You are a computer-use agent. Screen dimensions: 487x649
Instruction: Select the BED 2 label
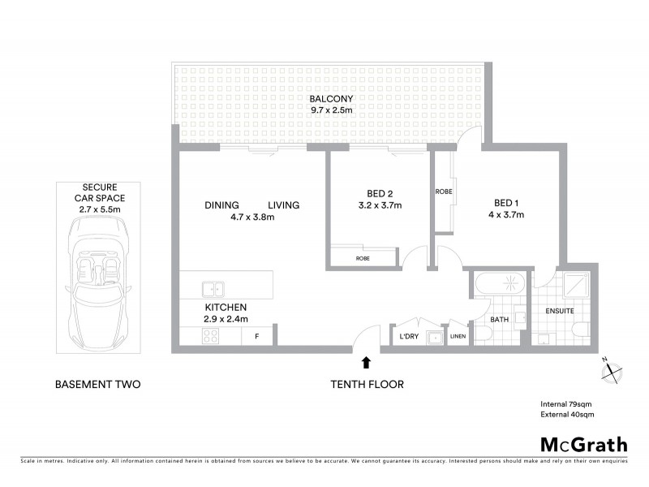click(x=380, y=193)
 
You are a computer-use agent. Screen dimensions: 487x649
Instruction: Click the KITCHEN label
click(x=225, y=308)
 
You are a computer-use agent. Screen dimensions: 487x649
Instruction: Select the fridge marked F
click(x=257, y=335)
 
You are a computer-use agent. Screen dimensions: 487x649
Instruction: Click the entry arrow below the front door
click(x=366, y=363)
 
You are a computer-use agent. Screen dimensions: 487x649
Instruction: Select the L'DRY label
click(x=409, y=336)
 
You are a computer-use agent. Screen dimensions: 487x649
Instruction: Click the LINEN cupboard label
click(x=458, y=336)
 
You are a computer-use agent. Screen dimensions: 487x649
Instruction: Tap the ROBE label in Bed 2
click(x=363, y=258)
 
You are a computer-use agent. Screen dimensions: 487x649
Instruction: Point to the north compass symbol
click(x=609, y=370)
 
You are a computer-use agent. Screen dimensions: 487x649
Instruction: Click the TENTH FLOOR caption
click(x=366, y=384)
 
